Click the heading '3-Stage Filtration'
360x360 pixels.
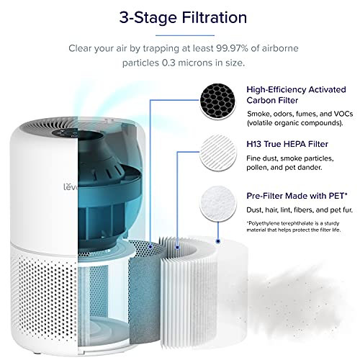tap(180, 17)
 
